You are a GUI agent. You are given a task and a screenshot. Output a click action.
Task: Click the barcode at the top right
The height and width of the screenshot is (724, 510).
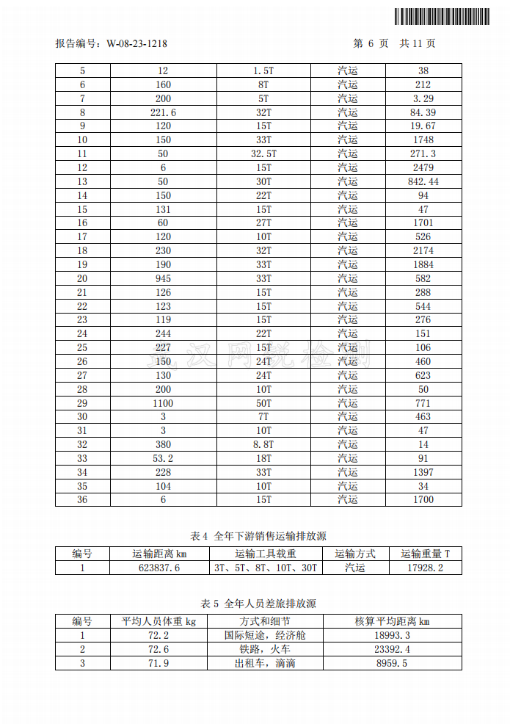tap(441, 16)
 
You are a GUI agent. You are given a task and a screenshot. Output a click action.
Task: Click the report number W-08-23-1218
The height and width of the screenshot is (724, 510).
tap(136, 44)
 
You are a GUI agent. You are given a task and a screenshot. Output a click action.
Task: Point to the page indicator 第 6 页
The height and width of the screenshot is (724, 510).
tap(371, 44)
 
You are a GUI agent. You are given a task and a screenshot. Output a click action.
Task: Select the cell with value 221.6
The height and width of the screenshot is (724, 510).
tap(163, 112)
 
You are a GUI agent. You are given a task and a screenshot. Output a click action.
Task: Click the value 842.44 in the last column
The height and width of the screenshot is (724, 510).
tap(423, 181)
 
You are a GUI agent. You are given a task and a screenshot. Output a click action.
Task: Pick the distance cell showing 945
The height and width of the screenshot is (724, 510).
tap(163, 278)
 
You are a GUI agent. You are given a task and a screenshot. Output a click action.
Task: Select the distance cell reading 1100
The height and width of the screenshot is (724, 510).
tap(163, 403)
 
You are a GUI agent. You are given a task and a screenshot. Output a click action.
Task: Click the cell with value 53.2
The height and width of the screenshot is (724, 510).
tap(163, 458)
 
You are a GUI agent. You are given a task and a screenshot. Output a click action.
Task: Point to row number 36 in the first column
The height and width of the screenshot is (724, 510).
tap(82, 499)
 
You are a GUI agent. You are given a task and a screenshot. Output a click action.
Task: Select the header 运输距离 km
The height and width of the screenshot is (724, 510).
tap(159, 554)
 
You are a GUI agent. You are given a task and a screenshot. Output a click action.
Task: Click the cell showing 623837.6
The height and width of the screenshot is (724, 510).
tap(159, 568)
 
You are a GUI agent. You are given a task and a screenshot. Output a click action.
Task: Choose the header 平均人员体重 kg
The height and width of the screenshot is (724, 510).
tap(159, 622)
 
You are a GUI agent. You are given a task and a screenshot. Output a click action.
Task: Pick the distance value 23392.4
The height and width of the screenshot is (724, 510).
tap(393, 650)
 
